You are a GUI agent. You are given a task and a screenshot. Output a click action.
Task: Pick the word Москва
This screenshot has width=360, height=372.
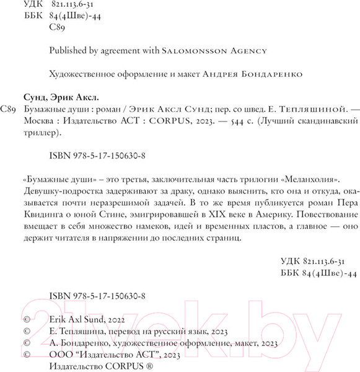tap(63, 121)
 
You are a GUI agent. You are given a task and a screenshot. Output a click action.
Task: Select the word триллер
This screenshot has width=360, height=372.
tap(65, 133)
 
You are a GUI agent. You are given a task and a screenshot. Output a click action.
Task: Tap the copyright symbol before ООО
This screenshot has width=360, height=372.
tap(25, 354)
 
